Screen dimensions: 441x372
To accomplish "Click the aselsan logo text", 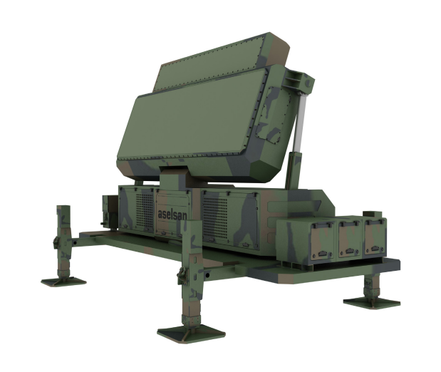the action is point(172,215).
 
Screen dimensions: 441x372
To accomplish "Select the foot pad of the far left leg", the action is point(63,281).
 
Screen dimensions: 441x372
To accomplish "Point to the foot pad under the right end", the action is point(372,303).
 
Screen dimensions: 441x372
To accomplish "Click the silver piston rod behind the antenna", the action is point(300,122).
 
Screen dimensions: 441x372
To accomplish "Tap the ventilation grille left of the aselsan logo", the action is point(145,210).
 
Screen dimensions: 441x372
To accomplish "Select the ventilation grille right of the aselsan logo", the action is point(215,217).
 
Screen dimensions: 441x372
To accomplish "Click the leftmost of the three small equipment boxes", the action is point(322,239).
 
